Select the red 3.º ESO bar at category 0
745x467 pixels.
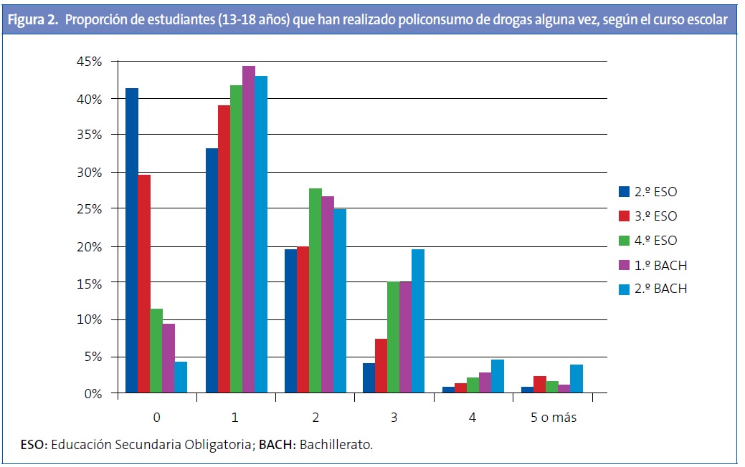point(144,284)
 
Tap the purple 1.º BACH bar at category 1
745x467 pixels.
point(249,229)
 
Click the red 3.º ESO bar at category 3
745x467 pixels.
point(381,365)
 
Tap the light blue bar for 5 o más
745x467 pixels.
point(576,378)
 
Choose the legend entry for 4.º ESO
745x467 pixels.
point(655,241)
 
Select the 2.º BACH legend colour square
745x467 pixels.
point(624,289)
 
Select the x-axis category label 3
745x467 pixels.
point(393,417)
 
